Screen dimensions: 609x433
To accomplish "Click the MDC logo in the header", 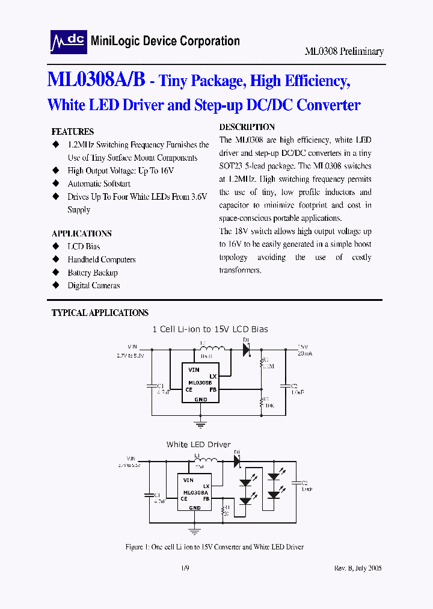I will (x=68, y=41).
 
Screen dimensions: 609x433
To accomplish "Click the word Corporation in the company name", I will (x=208, y=41).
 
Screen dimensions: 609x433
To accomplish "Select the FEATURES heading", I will (x=73, y=132).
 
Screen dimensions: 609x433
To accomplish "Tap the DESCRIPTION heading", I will (x=247, y=127).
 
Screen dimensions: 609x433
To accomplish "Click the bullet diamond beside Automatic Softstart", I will (x=56, y=184).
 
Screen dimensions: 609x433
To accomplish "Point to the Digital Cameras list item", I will (x=94, y=286).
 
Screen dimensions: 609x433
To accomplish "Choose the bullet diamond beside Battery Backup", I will (x=56, y=273).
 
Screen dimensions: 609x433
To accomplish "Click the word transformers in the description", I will (x=241, y=270).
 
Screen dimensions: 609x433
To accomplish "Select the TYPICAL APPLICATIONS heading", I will (x=100, y=313).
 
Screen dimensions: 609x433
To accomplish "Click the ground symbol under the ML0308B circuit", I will (x=200, y=424).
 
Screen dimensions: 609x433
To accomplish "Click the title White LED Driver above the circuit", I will (x=198, y=445).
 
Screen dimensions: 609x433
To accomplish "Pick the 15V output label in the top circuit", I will (x=302, y=347).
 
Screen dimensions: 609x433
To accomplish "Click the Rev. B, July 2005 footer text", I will (x=358, y=567).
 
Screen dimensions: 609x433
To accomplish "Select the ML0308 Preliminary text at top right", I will (x=344, y=52).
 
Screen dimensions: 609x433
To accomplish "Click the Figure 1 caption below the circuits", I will (x=214, y=547).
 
